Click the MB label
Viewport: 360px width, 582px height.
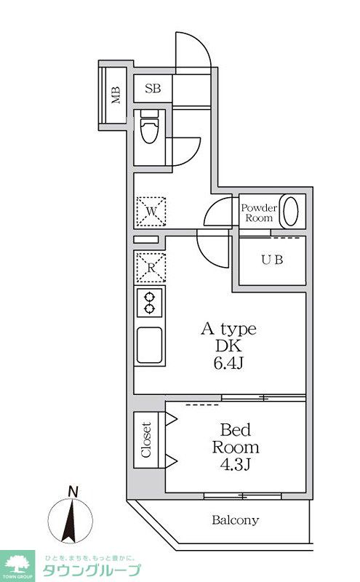[x=116, y=95]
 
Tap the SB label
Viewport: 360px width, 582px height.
[x=153, y=88]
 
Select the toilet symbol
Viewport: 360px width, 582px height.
[x=149, y=126]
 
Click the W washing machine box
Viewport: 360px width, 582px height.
[x=151, y=212]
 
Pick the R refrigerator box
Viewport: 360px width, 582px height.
[x=151, y=268]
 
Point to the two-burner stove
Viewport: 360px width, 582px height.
[x=150, y=303]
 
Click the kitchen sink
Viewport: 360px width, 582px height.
[x=149, y=345]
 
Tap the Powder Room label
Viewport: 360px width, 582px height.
[x=259, y=212]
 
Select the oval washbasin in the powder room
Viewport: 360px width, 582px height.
[x=291, y=211]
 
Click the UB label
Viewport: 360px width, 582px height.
[x=272, y=260]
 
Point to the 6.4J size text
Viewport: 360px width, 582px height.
[x=228, y=363]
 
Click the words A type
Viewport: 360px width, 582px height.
[x=228, y=330]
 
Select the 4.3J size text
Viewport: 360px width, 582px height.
[x=236, y=464]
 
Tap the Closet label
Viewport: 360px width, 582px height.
[x=146, y=440]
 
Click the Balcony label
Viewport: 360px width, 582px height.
[x=236, y=520]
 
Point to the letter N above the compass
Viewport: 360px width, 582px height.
[x=73, y=493]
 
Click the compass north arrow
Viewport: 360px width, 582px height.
[x=70, y=520]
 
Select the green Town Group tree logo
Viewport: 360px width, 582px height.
[x=17, y=566]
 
